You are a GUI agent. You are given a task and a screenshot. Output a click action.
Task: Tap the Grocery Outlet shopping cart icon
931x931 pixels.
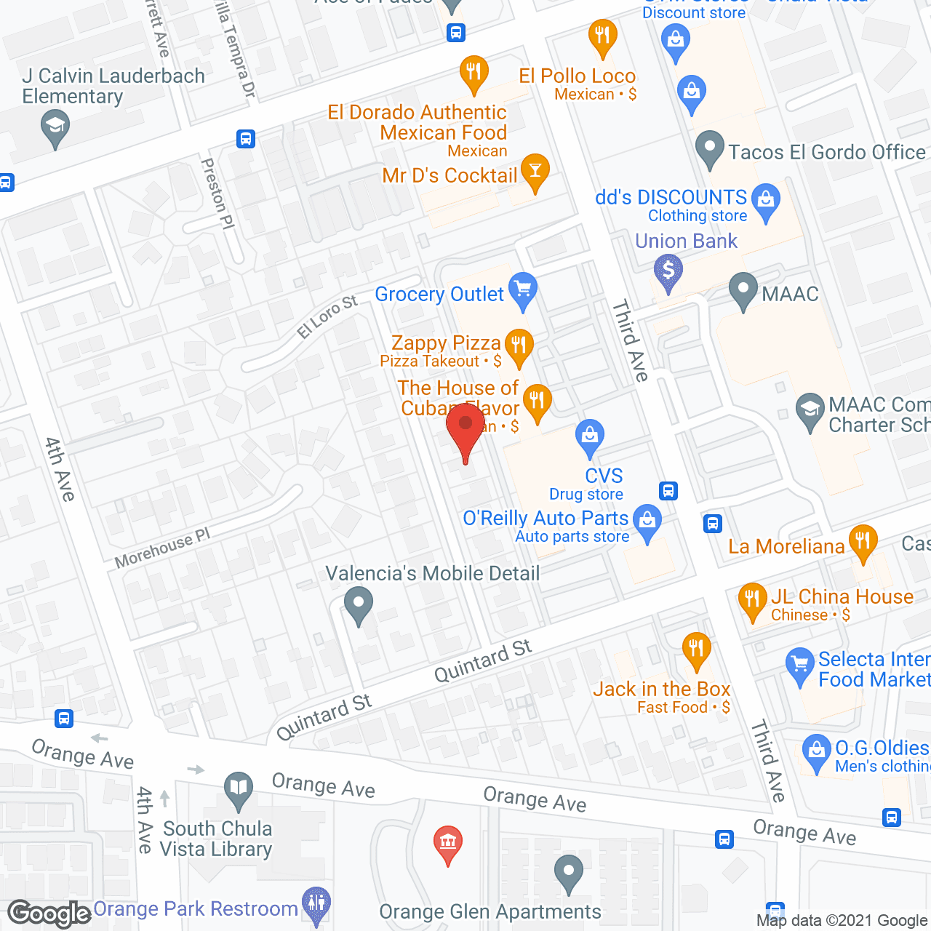pos(522,290)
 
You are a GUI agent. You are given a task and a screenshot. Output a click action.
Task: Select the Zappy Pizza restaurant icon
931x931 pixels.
pos(519,345)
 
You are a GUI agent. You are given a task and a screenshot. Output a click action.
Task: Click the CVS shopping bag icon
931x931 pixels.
pos(590,437)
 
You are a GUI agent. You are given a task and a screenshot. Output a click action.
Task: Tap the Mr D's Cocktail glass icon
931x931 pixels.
pos(535,172)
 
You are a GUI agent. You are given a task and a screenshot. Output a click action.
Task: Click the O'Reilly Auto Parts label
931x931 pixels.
pos(546,519)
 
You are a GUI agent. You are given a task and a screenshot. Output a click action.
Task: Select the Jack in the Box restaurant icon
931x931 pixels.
pos(696,649)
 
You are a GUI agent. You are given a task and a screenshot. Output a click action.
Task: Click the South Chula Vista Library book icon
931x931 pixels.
pos(239,788)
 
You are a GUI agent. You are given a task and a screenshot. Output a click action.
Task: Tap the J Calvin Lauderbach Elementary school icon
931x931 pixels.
pos(55,127)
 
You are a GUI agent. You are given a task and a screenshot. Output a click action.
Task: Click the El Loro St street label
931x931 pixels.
pos(327,316)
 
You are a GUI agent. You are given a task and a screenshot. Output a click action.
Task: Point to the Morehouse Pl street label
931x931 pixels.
pos(162,547)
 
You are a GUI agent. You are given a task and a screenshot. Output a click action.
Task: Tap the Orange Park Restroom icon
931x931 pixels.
pos(316,903)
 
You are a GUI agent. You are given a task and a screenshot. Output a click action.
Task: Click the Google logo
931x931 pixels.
pos(49,913)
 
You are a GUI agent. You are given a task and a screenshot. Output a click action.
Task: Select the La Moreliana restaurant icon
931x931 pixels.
pos(863,542)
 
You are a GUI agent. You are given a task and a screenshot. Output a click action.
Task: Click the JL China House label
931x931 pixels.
pos(842,597)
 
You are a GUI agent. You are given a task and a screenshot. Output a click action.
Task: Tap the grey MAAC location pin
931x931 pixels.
pos(743,290)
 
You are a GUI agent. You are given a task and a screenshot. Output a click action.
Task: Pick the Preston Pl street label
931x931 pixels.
pos(218,193)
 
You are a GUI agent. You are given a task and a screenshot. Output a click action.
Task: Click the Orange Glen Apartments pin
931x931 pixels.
pos(569,872)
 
